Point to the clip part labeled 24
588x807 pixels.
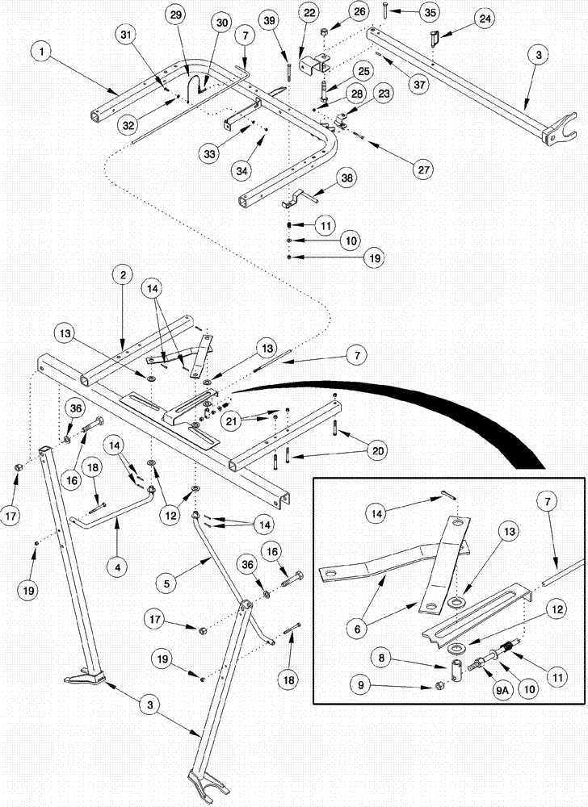(x=433, y=37)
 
